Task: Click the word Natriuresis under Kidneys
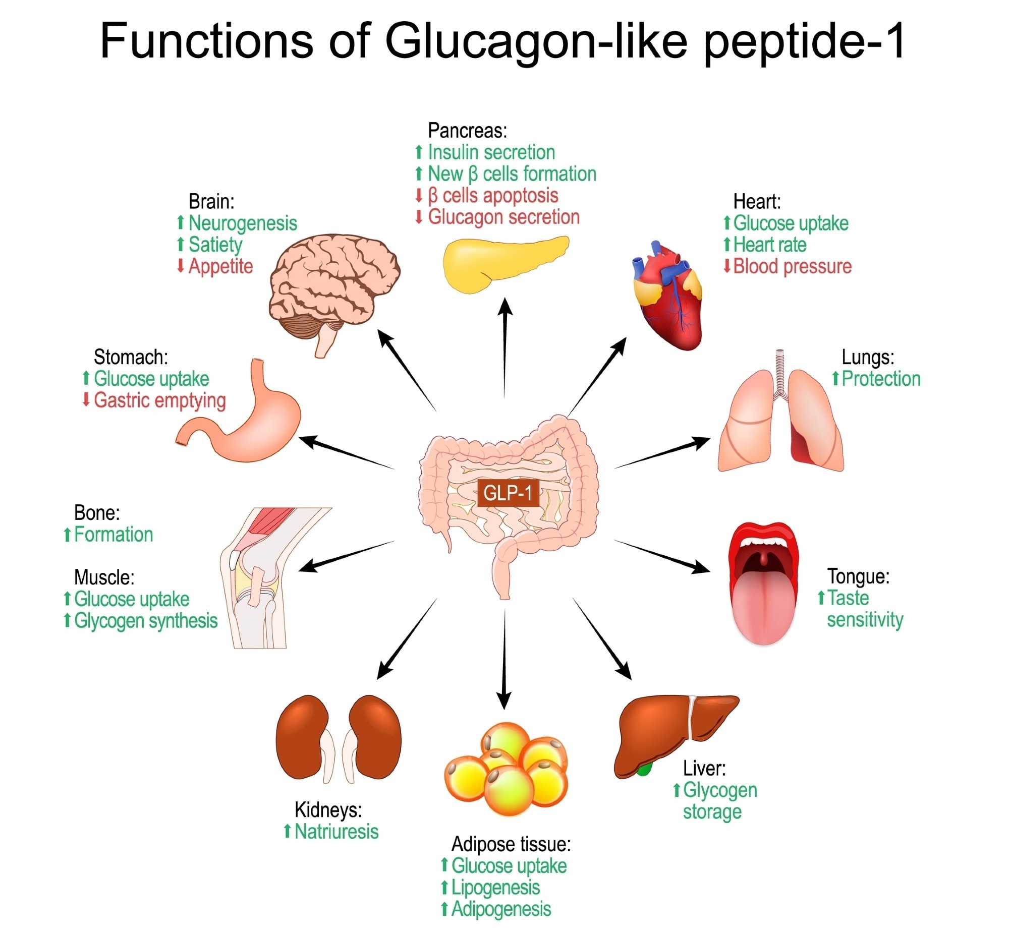(337, 832)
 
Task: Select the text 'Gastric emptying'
(159, 400)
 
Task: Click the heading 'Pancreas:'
(467, 131)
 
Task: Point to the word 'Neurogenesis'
(243, 223)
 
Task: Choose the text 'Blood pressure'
(792, 266)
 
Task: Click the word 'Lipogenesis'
(495, 887)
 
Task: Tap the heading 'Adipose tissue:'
(511, 844)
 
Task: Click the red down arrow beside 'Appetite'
(180, 266)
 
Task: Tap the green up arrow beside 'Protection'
(835, 378)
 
